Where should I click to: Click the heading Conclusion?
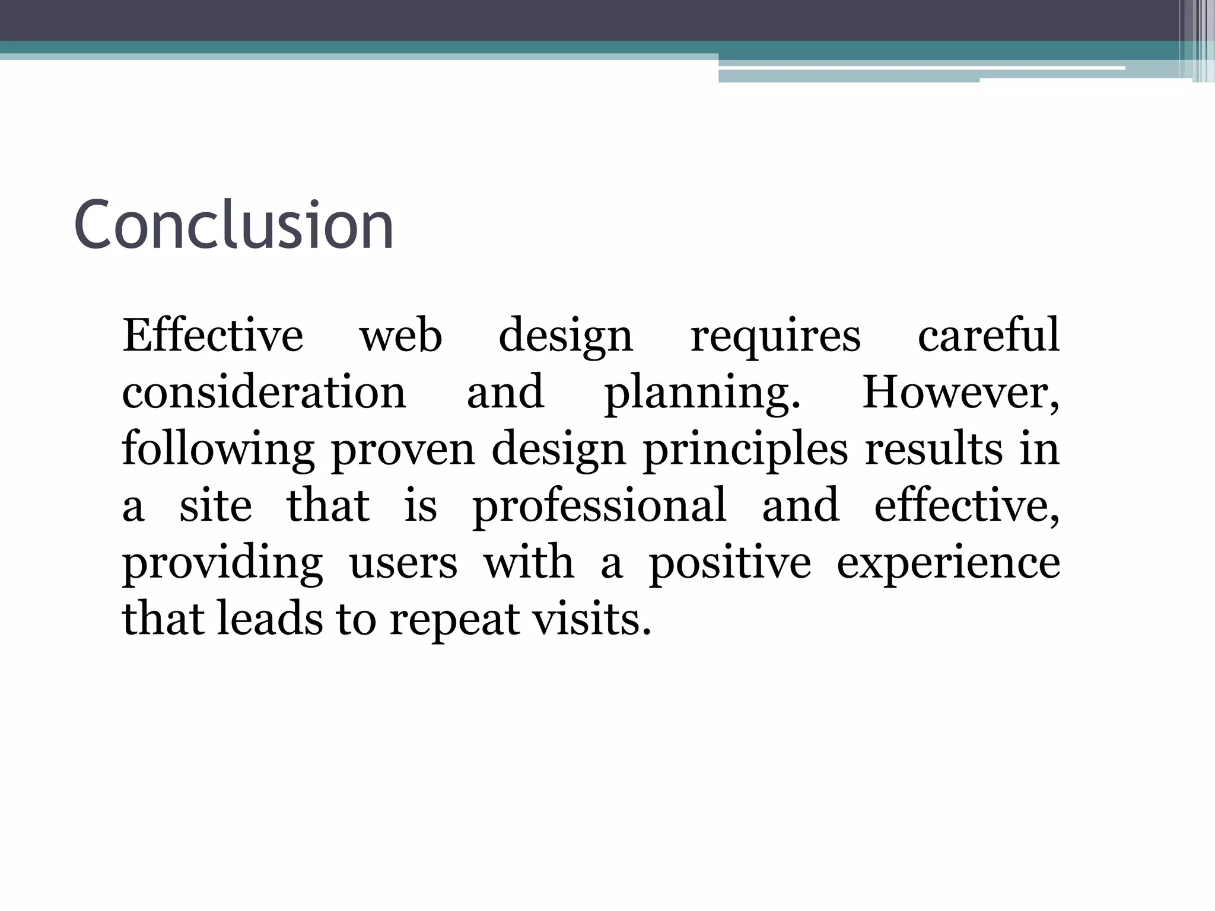pyautogui.click(x=234, y=225)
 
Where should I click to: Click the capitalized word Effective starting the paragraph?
pyautogui.click(x=212, y=336)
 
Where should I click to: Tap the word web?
pyautogui.click(x=401, y=336)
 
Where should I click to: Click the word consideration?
pyautogui.click(x=264, y=392)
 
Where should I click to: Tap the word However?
pyautogui.click(x=960, y=392)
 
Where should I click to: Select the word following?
pyautogui.click(x=218, y=450)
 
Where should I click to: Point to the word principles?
pyautogui.click(x=745, y=450)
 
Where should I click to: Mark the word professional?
pyautogui.click(x=599, y=507)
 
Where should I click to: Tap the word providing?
pyautogui.click(x=222, y=563)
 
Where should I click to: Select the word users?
pyautogui.click(x=403, y=563)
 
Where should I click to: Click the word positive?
pyautogui.click(x=730, y=563)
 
